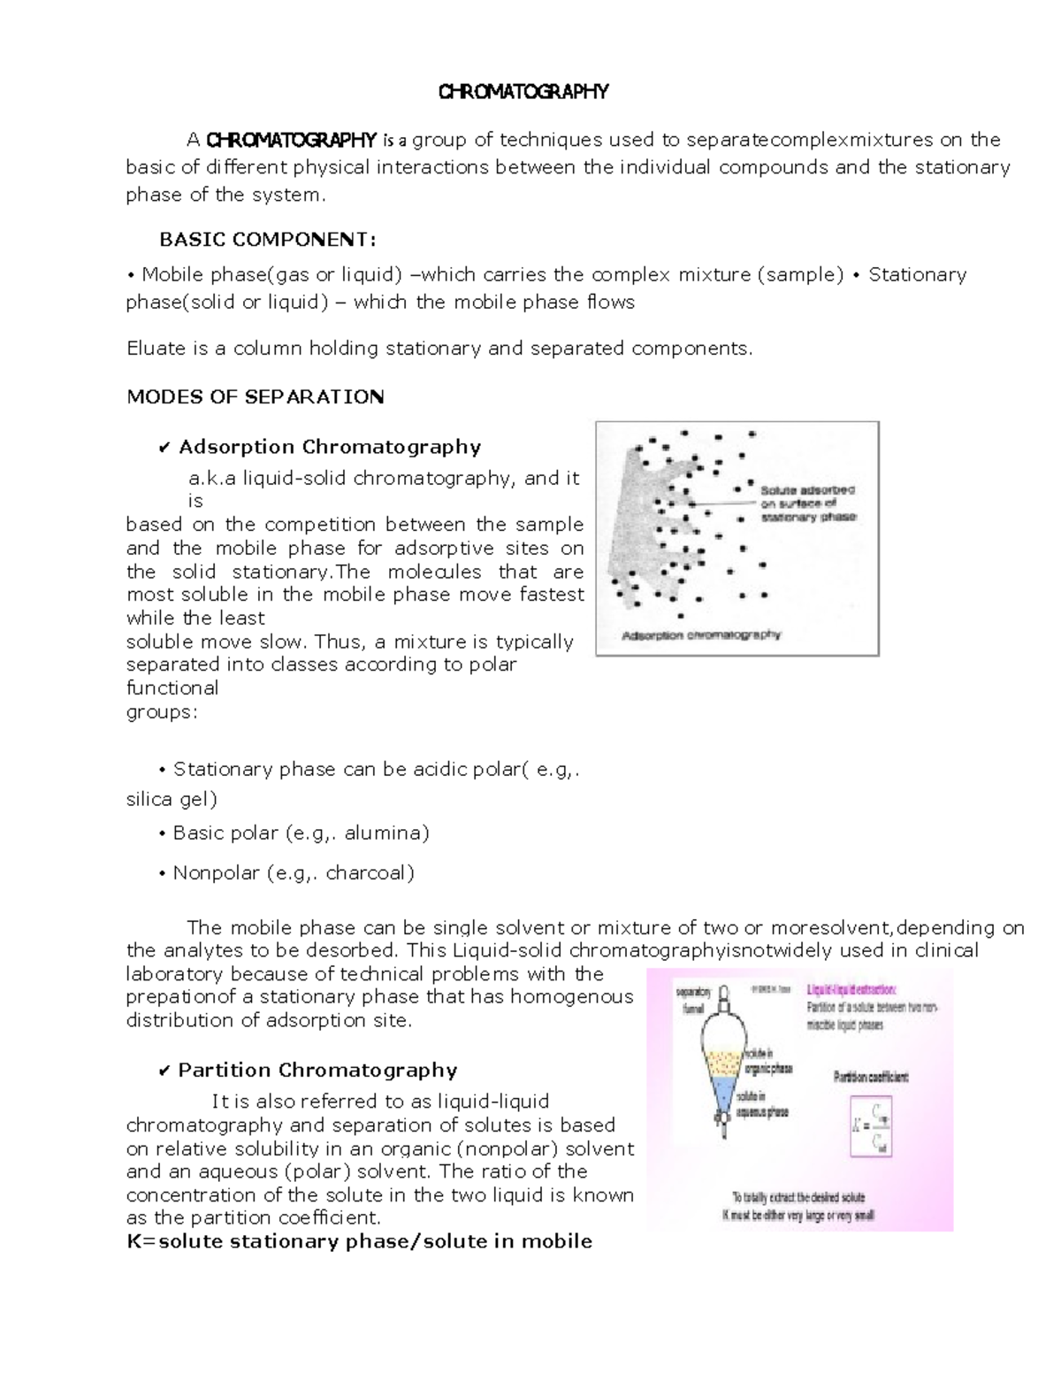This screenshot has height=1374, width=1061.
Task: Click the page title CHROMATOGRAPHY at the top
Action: pyautogui.click(x=524, y=92)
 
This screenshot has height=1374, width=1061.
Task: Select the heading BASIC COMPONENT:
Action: pyautogui.click(x=267, y=240)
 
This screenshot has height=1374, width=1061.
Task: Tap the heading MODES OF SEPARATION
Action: pyautogui.click(x=256, y=396)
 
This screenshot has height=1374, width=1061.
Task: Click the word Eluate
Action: pyautogui.click(x=156, y=349)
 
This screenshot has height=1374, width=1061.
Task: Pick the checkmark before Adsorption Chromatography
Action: pyautogui.click(x=164, y=448)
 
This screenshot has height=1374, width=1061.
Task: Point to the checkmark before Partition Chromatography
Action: pyautogui.click(x=164, y=1071)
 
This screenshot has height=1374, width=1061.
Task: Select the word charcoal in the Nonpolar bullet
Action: pyautogui.click(x=370, y=873)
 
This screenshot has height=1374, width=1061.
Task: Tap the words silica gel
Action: pyautogui.click(x=172, y=800)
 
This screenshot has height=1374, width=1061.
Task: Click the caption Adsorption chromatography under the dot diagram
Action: pyautogui.click(x=701, y=635)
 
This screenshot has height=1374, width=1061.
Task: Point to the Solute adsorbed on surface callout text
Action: pyautogui.click(x=807, y=503)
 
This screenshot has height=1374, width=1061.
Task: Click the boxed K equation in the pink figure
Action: pyautogui.click(x=872, y=1126)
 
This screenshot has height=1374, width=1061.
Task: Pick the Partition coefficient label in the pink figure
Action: pyautogui.click(x=871, y=1078)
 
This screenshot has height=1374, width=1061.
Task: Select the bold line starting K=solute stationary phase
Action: pyautogui.click(x=359, y=1241)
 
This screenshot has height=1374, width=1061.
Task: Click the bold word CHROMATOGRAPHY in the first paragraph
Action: pyautogui.click(x=292, y=140)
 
